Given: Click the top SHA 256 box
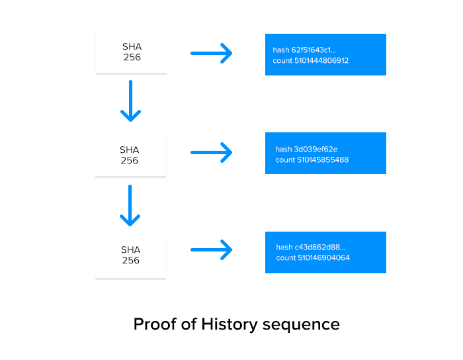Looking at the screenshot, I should [130, 52].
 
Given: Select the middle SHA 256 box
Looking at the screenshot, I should [130, 155].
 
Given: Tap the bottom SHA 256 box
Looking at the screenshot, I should [130, 255].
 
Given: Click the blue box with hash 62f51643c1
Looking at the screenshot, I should [325, 55].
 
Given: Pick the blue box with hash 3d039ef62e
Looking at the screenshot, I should [325, 154].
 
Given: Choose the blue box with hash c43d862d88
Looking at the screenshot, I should [325, 252].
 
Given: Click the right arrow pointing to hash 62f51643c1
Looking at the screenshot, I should [212, 53].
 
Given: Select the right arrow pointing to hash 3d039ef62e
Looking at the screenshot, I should [212, 152].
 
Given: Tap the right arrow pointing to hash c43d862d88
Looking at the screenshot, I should [212, 250].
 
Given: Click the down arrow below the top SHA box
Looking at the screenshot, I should [130, 101].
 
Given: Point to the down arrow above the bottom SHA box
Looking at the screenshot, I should [130, 205].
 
